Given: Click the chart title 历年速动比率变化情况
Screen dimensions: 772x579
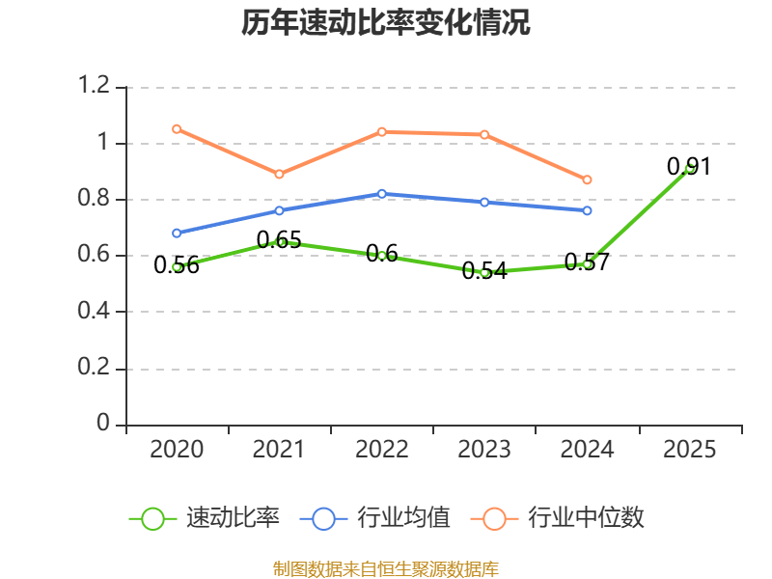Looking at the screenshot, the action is coord(385,22).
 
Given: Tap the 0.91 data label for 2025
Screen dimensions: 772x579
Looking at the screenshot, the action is coord(689,166).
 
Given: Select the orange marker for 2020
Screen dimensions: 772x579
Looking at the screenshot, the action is coord(177,129).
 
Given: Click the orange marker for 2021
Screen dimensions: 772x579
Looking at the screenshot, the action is coord(279,175).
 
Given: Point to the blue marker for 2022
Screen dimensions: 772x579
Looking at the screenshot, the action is coord(381,194).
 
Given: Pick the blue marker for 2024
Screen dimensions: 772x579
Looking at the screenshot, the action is coord(587,210).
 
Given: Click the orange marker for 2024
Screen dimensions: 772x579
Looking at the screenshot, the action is coord(587,179).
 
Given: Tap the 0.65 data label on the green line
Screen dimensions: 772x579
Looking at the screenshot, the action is coord(279,240).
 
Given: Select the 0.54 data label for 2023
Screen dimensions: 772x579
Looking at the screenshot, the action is coord(484,271).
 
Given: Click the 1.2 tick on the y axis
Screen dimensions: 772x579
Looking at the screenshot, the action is coord(94,85).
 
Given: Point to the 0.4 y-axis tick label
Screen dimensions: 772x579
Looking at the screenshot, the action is coord(94,311).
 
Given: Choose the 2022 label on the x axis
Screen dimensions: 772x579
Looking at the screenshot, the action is coord(381,450).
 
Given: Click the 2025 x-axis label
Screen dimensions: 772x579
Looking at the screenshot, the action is coord(689,450).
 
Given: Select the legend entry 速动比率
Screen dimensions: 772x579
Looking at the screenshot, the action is coord(205,518).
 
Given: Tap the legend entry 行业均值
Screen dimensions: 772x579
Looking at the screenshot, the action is coord(374,518).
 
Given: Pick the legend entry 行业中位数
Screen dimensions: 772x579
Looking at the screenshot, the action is coord(557,518).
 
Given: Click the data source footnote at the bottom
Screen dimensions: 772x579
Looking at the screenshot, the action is coord(386,569).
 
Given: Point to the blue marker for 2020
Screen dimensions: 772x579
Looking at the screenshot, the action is coord(177,234).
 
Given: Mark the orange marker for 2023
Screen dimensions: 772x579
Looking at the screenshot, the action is coord(484,135).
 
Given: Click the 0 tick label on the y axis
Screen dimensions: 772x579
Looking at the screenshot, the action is coord(103,423).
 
